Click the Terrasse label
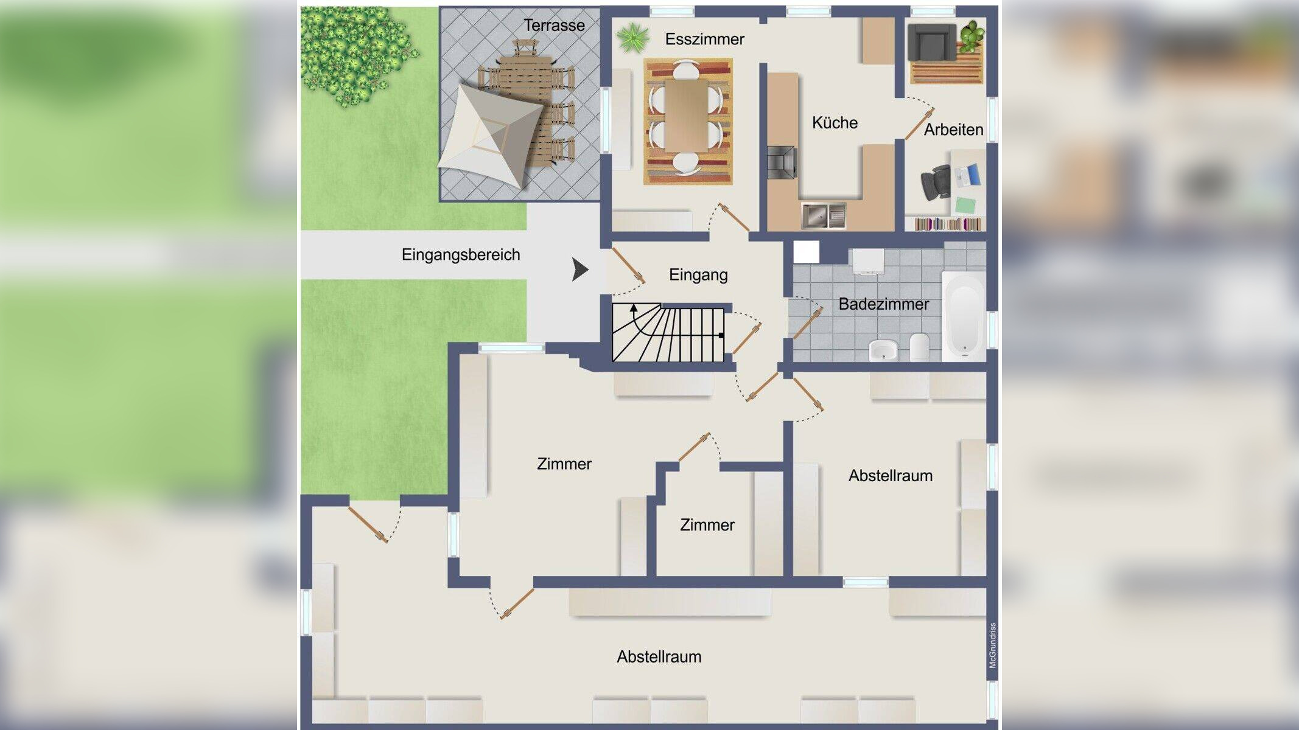click(x=554, y=26)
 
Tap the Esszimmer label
click(x=704, y=40)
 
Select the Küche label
click(x=835, y=123)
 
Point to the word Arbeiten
click(x=953, y=130)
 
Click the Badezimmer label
click(x=883, y=304)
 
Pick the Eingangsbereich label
click(x=461, y=255)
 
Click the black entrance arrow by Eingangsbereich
click(x=580, y=269)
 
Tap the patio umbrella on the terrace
click(x=490, y=136)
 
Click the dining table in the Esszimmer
click(x=687, y=116)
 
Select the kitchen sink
click(x=824, y=215)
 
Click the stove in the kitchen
click(x=782, y=162)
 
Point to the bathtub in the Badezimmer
click(x=963, y=316)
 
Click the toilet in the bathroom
click(x=919, y=347)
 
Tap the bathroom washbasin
click(x=884, y=350)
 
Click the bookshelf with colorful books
click(x=948, y=224)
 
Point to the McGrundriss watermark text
click(x=993, y=645)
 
